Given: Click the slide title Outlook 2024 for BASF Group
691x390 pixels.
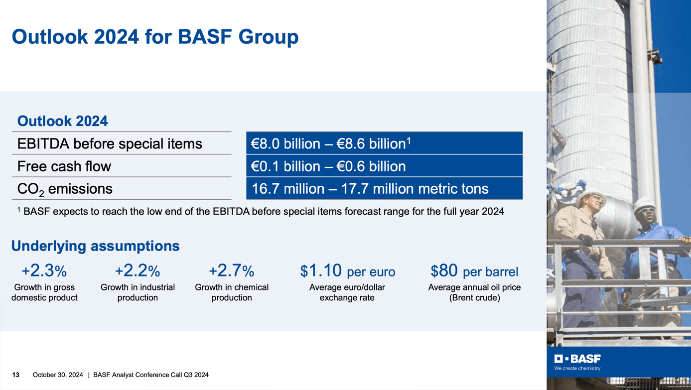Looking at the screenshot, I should pos(155,37).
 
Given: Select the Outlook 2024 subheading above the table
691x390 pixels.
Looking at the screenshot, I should pos(62,121).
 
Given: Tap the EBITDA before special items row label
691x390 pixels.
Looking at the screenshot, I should pos(110,144).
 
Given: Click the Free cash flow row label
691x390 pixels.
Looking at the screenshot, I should pos(64,166).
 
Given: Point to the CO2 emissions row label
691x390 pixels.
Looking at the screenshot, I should pos(65,189).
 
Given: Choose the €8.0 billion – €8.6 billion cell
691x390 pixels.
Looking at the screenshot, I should pos(384,143).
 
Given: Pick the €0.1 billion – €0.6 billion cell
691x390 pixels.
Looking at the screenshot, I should pos(384,166).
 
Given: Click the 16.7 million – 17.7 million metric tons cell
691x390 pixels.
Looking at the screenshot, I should pos(384,189).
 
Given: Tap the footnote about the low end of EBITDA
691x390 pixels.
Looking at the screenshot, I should pos(261,212).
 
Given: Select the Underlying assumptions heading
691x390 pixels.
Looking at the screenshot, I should pos(95,246).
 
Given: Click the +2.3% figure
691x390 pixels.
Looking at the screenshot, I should pos(44,271).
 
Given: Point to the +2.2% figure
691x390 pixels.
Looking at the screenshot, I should pos(138,271).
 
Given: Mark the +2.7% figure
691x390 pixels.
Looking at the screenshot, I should pos(231,271).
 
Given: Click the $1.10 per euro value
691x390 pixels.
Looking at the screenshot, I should pos(347,271).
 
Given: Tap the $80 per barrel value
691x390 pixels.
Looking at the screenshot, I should pos(474,271).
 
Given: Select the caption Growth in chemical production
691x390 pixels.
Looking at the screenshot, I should pos(231,292).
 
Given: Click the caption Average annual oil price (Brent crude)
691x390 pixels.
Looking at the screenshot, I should pos(474,292).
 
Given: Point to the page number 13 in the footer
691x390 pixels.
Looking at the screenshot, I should pos(16,375).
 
